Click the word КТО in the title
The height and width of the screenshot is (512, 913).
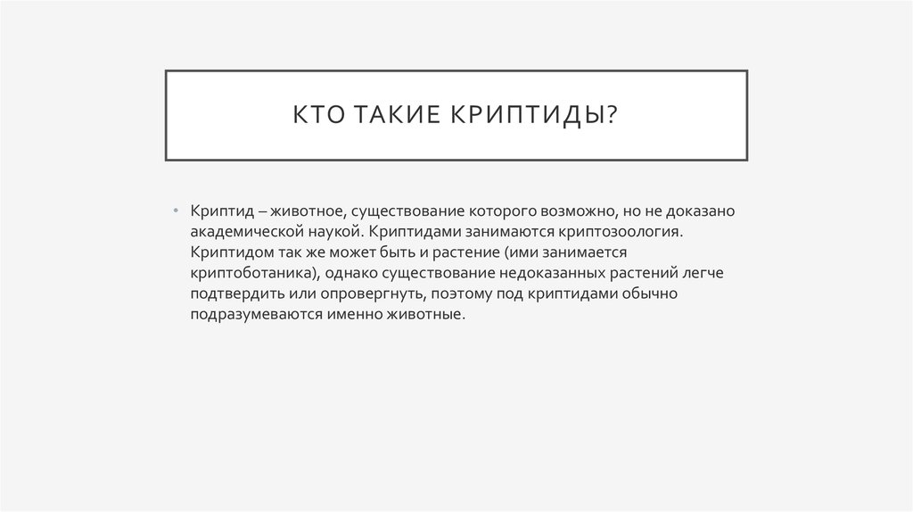(317, 116)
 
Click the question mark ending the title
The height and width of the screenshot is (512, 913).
(612, 116)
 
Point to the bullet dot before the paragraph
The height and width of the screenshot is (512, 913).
(177, 210)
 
